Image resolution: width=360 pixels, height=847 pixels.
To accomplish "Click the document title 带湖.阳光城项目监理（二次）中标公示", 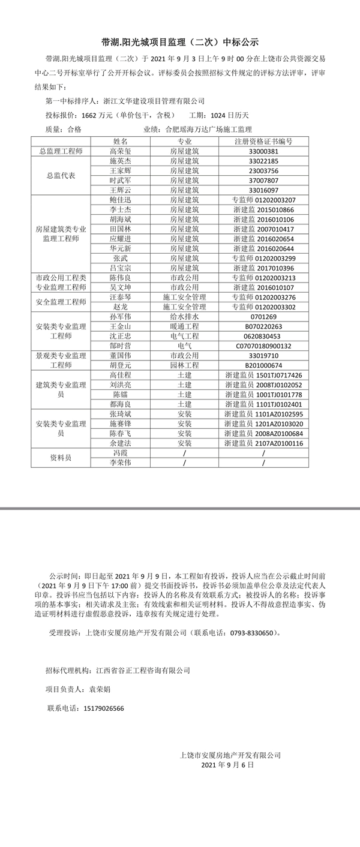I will [x=180, y=42].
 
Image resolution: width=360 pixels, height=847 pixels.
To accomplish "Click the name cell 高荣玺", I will [x=120, y=152].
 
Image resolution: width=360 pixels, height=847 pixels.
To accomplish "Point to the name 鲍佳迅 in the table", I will [x=120, y=200].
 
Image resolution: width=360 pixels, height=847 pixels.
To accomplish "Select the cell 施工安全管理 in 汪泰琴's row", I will [x=184, y=297].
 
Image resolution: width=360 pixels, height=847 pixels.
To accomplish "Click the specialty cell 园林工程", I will [x=184, y=365].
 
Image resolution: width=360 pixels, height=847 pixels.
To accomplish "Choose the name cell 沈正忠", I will [x=120, y=336].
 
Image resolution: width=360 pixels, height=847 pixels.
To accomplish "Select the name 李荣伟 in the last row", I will [x=120, y=462].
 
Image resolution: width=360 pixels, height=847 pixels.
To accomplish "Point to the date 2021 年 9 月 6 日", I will [x=227, y=765].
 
